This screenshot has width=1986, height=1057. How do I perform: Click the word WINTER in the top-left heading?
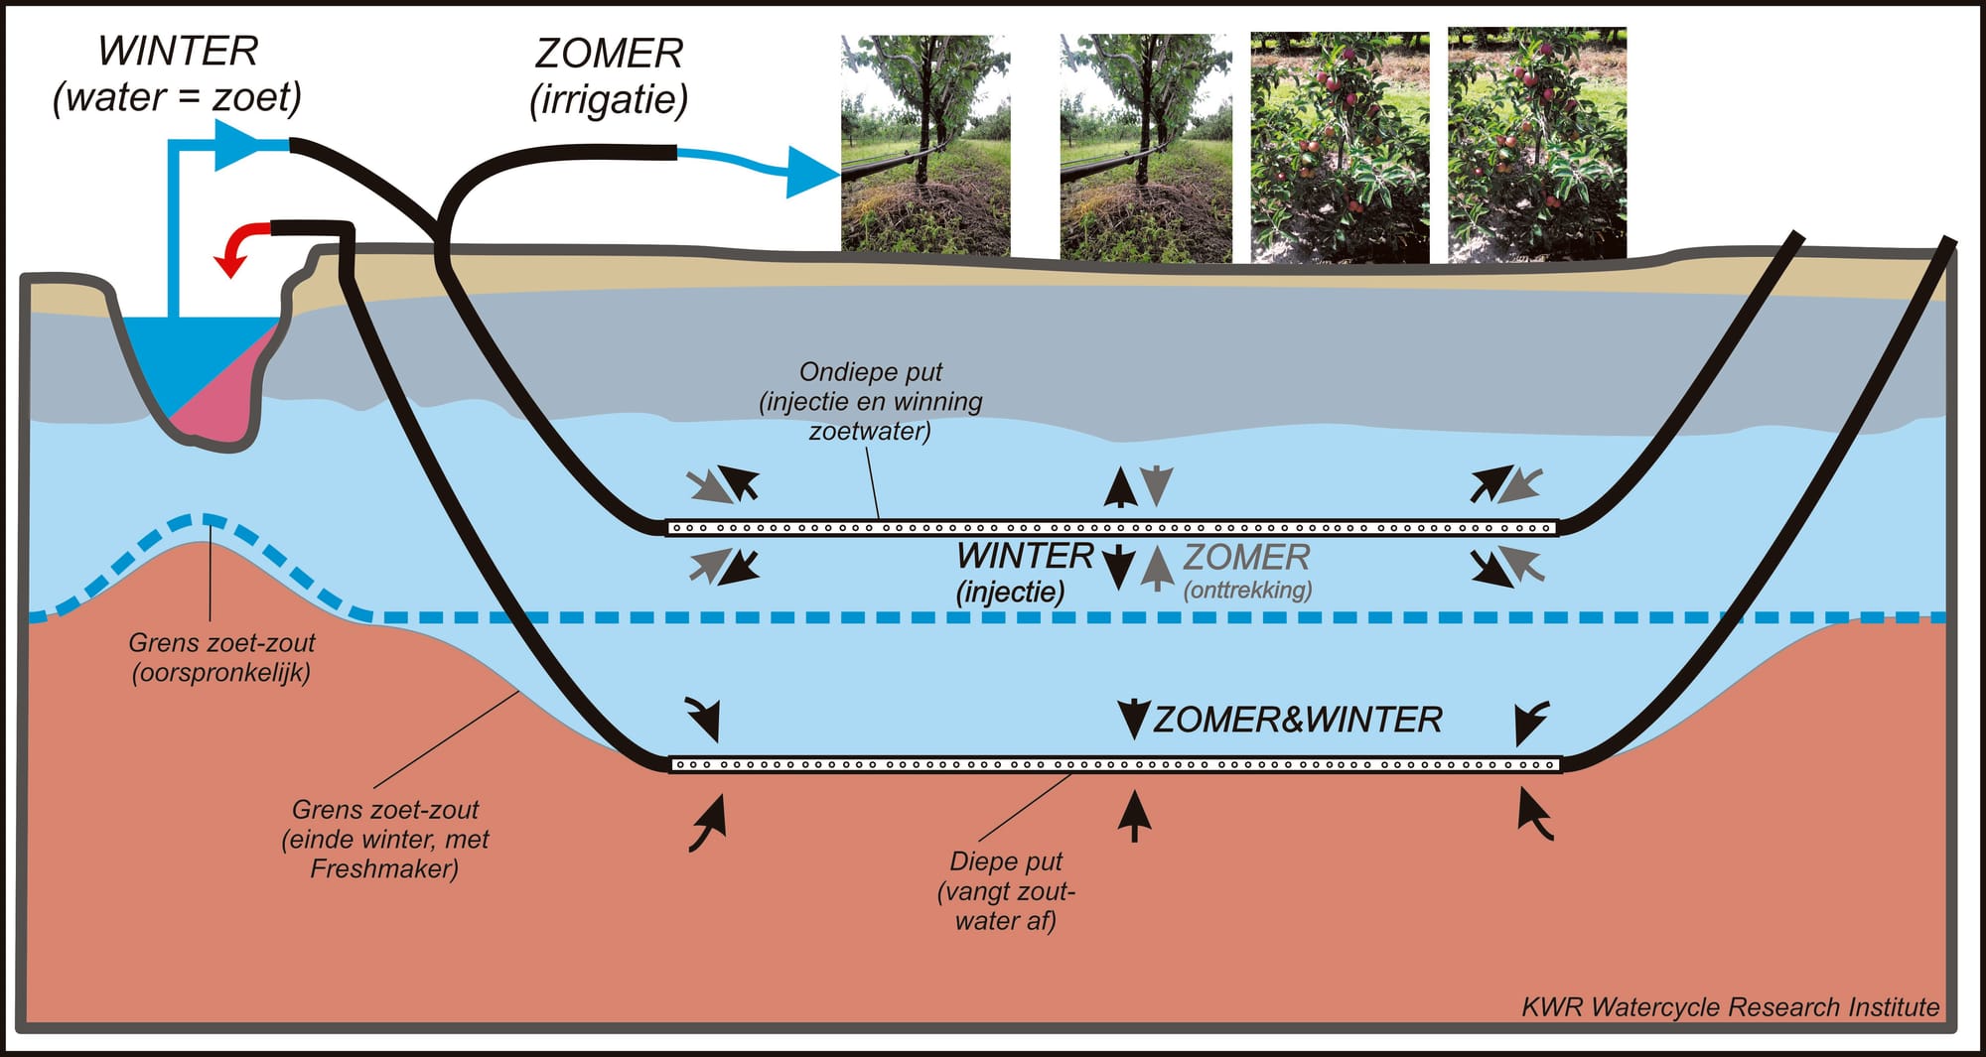click(x=178, y=51)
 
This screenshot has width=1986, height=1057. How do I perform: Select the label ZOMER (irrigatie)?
click(x=609, y=76)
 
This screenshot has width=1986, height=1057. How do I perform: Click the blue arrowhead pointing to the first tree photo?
click(x=813, y=172)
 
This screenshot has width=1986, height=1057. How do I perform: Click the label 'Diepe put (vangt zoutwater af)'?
click(x=1006, y=890)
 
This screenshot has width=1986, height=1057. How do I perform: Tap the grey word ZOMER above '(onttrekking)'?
click(x=1247, y=557)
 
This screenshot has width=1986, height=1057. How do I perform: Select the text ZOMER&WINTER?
click(x=1297, y=720)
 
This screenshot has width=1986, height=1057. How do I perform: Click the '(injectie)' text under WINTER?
click(x=1010, y=593)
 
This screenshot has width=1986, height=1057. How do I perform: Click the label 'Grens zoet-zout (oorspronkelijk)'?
click(x=221, y=657)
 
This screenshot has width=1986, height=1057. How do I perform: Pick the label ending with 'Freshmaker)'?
click(x=385, y=839)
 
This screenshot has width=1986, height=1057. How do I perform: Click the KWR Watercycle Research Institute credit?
click(x=1730, y=1007)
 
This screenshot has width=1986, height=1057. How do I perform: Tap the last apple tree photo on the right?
click(x=1537, y=145)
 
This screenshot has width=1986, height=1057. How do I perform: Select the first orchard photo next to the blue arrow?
click(x=925, y=145)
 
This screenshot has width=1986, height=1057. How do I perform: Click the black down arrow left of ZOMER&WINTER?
click(x=1133, y=719)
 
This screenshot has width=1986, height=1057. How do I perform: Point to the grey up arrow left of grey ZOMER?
click(x=1156, y=569)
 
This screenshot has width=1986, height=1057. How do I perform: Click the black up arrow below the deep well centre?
click(x=1134, y=815)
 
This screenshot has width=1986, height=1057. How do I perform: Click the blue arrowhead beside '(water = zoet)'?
click(x=238, y=145)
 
